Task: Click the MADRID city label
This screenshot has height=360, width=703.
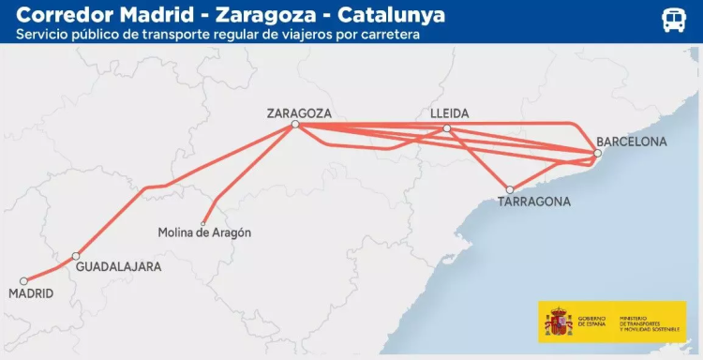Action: pos(30,293)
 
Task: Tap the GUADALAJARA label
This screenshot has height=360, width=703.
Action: pos(118,266)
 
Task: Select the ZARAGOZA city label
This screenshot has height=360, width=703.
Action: pos(299,113)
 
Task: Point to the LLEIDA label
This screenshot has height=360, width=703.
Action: pos(449,113)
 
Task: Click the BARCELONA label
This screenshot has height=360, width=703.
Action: pos(632,142)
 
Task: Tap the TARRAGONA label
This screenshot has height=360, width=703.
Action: pos(534,201)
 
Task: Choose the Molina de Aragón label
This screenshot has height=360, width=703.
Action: pos(204,232)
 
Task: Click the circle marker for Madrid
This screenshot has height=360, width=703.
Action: pos(23,279)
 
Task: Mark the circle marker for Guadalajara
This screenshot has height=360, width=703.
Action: pos(76,256)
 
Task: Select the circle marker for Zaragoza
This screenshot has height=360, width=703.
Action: pos(294,125)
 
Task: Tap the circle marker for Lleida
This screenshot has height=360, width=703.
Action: pos(447,128)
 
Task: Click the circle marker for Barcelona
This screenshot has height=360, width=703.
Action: pos(597,153)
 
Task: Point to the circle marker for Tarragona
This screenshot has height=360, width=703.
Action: pos(510,189)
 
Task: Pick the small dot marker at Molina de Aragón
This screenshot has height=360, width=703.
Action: pos(203,222)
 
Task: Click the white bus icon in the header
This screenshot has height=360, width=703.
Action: pos(674,21)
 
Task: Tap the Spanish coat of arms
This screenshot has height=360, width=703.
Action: pos(558,322)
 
